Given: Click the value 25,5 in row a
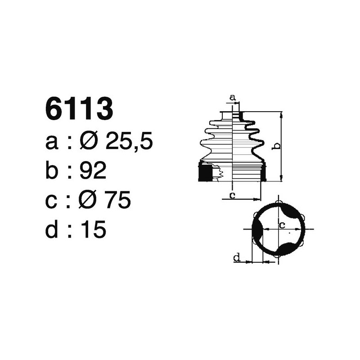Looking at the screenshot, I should click(129, 142).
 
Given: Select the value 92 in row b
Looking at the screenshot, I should click(93, 171).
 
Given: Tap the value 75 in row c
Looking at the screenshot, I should click(117, 200).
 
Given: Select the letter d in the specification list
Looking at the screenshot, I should click(52, 229).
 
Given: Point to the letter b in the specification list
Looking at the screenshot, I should click(52, 171).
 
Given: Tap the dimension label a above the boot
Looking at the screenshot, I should click(233, 97).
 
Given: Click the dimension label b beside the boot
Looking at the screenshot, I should click(277, 146).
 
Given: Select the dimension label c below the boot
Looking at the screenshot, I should click(232, 195).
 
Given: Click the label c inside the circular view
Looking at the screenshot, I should click(283, 225).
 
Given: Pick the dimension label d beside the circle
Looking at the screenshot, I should click(236, 257).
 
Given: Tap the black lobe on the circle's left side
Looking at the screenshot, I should click(257, 229).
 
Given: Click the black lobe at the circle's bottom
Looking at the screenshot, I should click(285, 249).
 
